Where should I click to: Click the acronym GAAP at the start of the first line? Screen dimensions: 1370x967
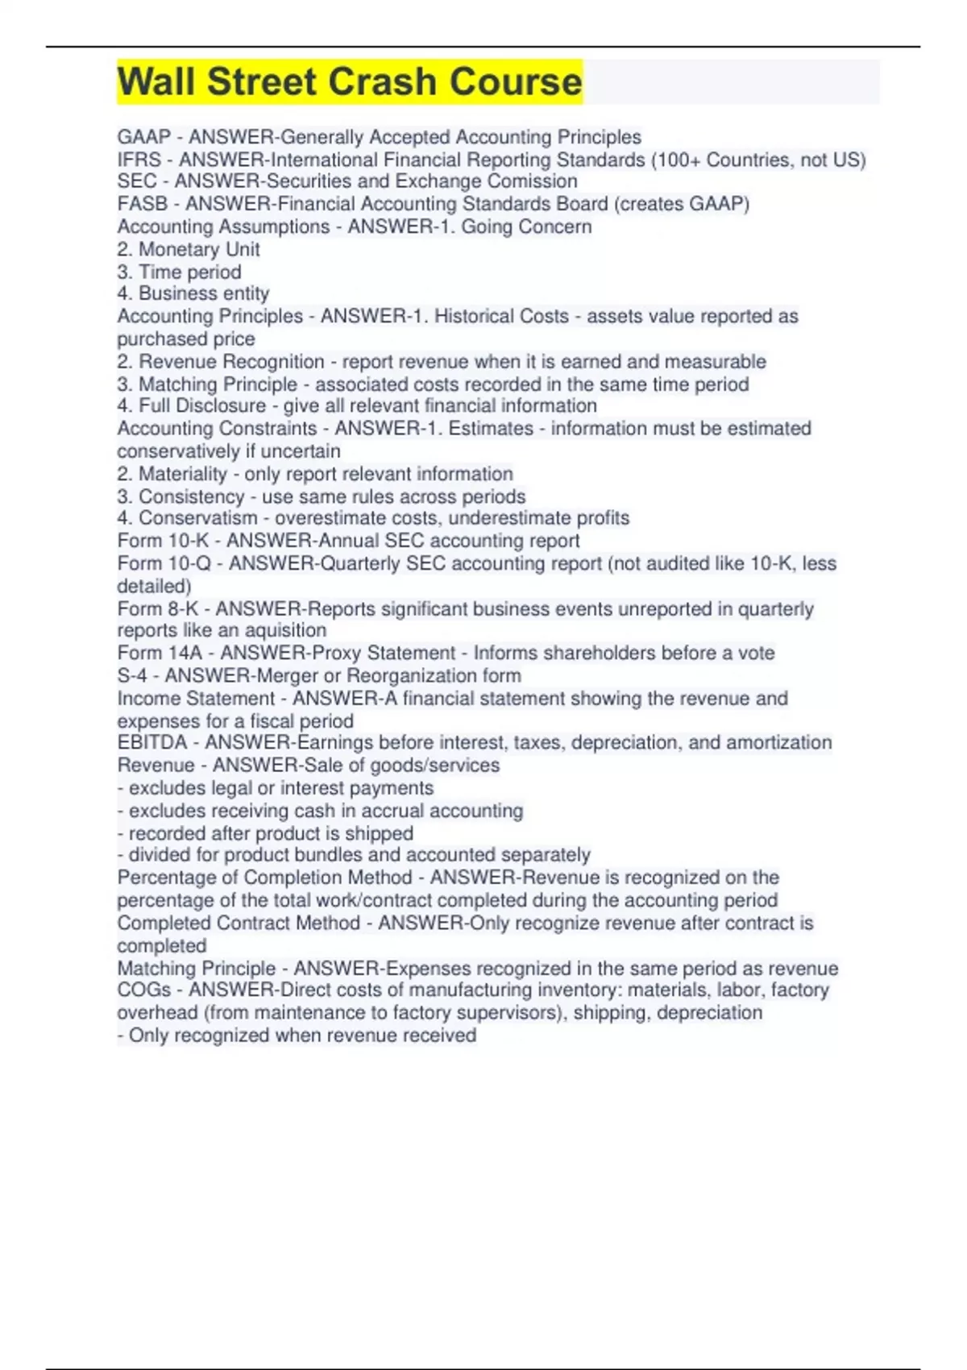143,137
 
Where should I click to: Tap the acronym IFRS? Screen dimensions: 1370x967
139,160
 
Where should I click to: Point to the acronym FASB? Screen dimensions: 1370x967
142,204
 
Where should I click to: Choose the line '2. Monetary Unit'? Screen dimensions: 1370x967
189,249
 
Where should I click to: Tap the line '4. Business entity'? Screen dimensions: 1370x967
193,293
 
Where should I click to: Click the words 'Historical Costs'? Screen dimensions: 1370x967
501,316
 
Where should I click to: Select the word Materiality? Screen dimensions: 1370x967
183,474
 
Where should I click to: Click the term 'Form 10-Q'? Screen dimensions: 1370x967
164,563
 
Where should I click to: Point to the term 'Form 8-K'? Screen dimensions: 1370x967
158,608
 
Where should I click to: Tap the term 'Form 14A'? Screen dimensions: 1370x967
160,653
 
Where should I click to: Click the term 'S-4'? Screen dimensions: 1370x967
132,675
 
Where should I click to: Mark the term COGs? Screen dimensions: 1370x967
143,990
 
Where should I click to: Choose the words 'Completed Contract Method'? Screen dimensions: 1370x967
239,923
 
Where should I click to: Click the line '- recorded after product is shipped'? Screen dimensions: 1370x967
265,833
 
